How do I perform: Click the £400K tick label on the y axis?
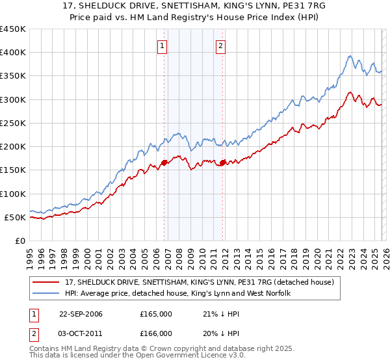[12, 53]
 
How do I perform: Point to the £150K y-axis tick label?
[12, 170]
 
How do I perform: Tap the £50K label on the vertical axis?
[15, 217]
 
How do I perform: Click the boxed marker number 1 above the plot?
[162, 45]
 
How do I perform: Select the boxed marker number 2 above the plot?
[221, 45]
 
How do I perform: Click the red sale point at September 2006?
[164, 163]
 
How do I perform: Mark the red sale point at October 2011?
[222, 162]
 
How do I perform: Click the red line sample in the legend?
[47, 282]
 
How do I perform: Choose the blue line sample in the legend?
[47, 294]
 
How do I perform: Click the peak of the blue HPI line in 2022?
[350, 56]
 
